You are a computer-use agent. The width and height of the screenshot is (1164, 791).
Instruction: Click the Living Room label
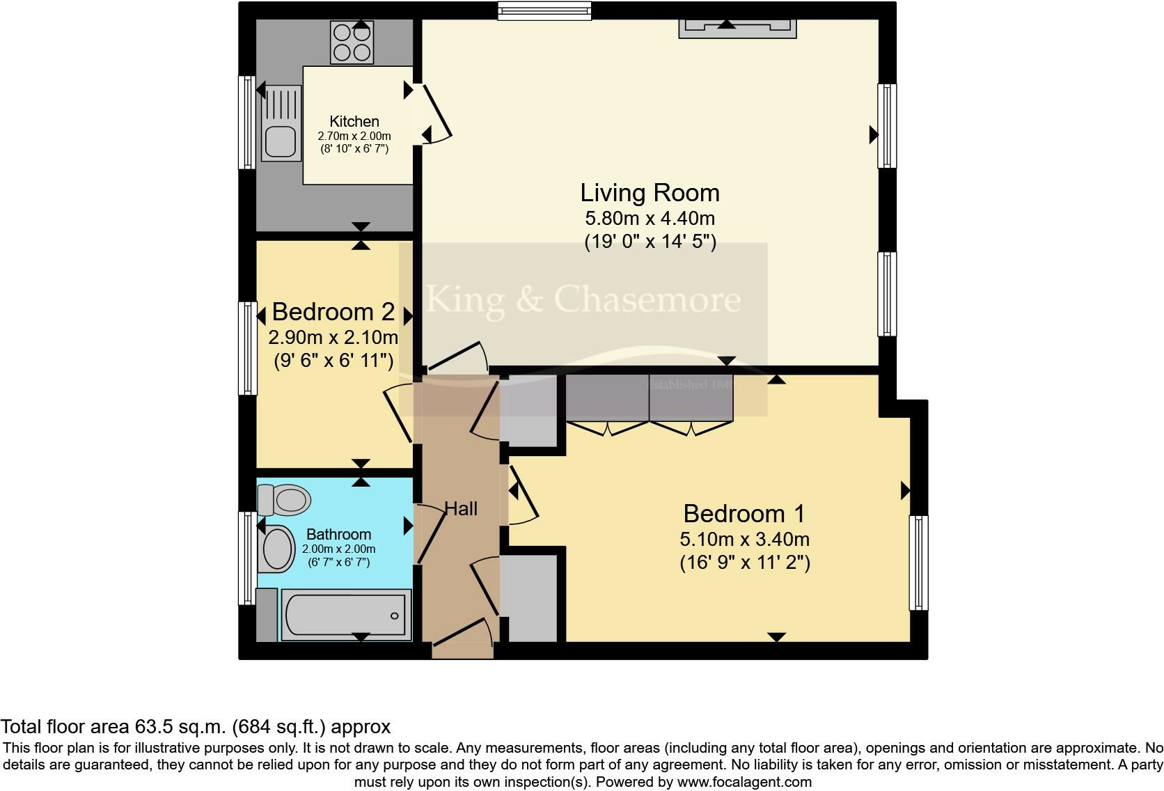point(650,193)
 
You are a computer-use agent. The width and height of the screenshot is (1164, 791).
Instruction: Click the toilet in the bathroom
point(284,499)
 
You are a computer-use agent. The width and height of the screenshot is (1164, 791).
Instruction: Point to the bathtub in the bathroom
point(345,614)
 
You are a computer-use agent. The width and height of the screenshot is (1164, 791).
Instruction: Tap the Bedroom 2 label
point(333,311)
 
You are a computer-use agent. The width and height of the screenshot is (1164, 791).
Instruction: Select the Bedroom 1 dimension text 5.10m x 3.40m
point(744,539)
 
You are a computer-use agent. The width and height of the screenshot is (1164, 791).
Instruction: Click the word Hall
point(461,509)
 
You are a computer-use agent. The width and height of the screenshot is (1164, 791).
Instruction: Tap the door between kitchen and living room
point(437,113)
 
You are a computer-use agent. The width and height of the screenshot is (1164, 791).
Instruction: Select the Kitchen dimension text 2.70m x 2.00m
point(354,136)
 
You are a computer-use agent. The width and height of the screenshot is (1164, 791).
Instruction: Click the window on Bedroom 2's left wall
point(248,347)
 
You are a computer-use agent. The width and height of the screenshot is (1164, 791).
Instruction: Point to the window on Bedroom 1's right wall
point(919,563)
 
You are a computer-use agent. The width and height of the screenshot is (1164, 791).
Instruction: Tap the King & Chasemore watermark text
point(583,299)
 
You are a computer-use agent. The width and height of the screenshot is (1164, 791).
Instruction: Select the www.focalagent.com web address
point(744,782)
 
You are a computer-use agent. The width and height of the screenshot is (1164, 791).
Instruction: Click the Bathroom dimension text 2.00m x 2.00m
point(338,549)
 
